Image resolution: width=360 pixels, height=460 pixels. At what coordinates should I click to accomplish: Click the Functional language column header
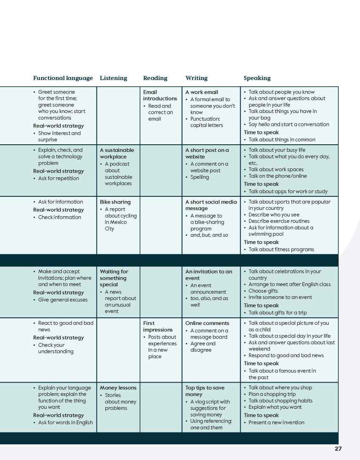click(63, 78)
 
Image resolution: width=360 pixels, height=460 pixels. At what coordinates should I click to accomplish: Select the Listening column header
click(113, 78)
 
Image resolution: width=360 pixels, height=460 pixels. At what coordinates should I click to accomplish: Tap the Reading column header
click(155, 78)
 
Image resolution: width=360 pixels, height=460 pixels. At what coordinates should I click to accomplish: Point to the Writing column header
click(196, 78)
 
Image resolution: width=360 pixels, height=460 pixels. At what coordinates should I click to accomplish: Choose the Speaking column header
click(257, 78)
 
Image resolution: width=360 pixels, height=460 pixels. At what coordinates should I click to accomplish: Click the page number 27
click(338, 449)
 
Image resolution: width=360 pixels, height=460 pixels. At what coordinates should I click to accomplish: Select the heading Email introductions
click(160, 95)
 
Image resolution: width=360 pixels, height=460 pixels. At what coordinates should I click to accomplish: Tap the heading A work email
click(202, 92)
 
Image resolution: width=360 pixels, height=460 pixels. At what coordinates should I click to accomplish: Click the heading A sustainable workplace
click(116, 153)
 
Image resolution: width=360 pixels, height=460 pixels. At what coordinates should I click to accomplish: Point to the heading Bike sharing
click(115, 202)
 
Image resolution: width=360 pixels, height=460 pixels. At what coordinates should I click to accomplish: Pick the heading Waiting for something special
click(114, 278)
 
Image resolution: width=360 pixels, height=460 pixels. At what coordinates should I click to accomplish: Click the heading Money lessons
click(118, 388)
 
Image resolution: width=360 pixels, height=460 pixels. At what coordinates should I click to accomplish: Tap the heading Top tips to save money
click(205, 391)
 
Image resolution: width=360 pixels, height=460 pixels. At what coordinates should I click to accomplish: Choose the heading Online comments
click(207, 323)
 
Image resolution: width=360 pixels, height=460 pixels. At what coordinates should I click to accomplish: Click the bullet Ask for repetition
click(58, 178)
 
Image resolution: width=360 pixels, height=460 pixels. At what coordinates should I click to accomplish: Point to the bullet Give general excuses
click(63, 300)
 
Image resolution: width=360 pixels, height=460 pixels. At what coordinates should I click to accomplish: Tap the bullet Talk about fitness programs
click(281, 249)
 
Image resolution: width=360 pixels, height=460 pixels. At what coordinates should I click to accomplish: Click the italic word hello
click(264, 124)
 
